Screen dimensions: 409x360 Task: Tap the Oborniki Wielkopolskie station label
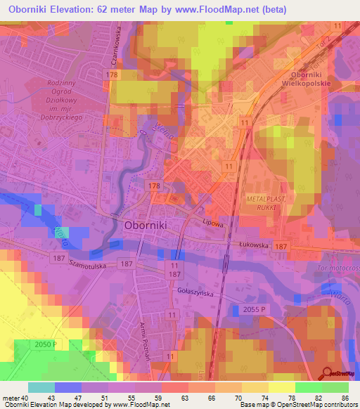point(310,79)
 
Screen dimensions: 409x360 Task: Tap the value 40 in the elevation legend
point(26,397)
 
